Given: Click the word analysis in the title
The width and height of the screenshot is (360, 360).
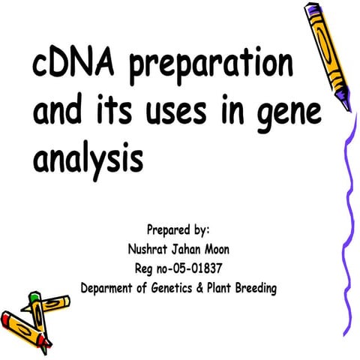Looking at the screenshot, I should pos(87,159).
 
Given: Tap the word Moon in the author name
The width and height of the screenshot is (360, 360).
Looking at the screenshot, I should pos(227,248).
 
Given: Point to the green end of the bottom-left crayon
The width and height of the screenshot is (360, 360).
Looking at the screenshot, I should pos(33,297).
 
